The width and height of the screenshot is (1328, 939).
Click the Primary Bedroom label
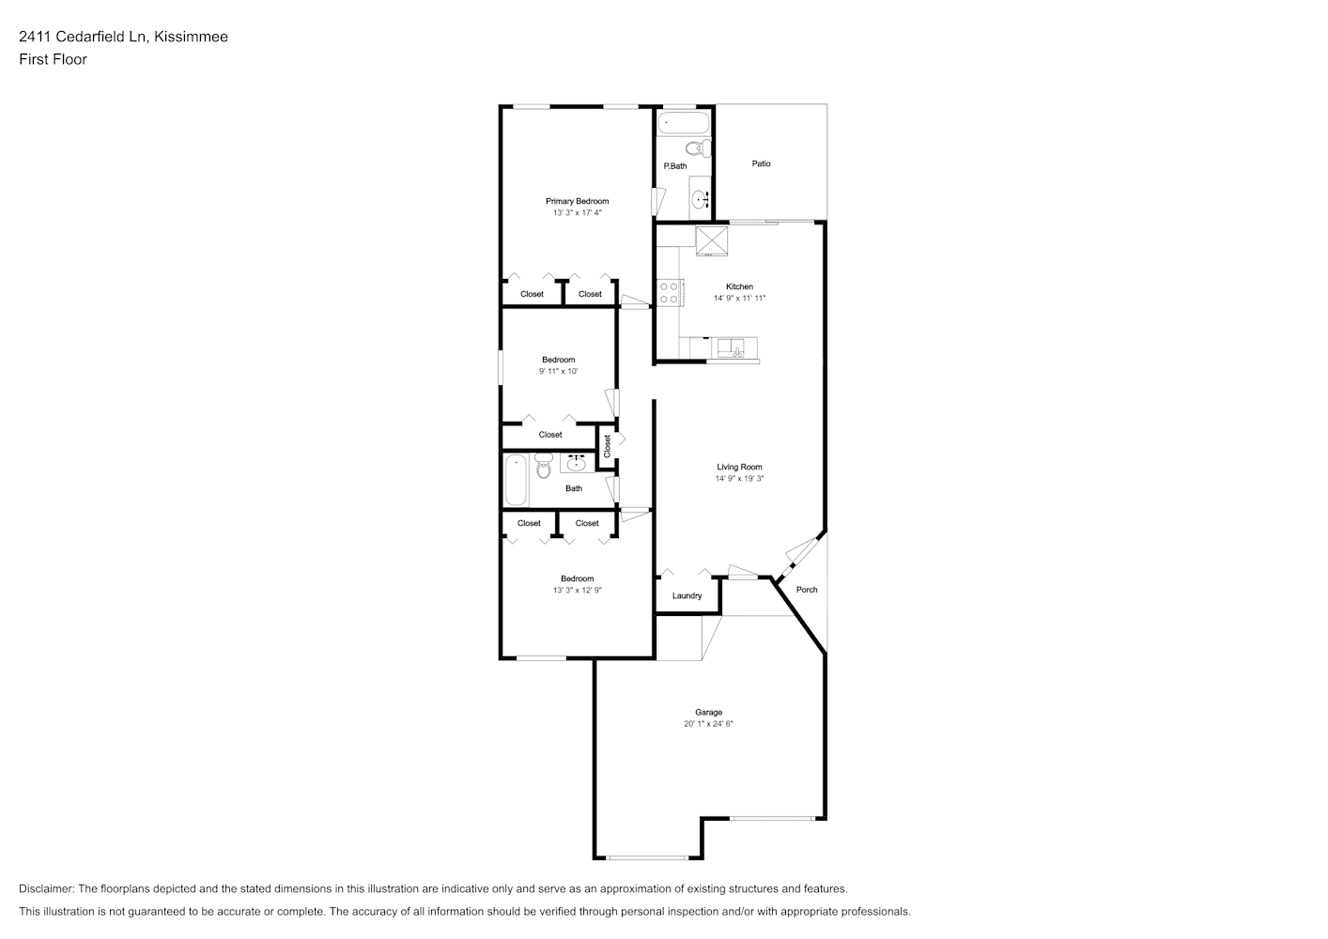coord(577,201)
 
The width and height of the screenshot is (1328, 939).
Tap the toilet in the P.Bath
coord(699,148)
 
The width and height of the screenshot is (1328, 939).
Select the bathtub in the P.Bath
coord(684,123)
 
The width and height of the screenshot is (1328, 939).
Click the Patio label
coord(762,163)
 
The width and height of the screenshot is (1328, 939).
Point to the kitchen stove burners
coord(670,293)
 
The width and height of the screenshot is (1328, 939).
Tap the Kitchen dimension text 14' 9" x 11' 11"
coord(739,299)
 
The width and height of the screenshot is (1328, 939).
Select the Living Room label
coord(739,467)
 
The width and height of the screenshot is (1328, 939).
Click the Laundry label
coord(687,595)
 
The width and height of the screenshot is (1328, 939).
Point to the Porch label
coord(807,590)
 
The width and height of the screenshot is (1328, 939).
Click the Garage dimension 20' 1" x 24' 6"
coord(708,724)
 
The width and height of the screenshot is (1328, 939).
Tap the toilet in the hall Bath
coord(543,466)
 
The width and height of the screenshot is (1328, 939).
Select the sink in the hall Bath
coord(577,462)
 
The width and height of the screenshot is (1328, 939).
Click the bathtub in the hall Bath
coord(516,480)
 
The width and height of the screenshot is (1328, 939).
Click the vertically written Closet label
coord(607,446)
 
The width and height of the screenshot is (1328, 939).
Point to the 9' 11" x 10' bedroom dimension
coord(559,372)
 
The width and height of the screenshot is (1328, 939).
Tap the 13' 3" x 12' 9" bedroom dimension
coord(578,591)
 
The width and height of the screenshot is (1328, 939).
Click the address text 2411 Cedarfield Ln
coord(83,37)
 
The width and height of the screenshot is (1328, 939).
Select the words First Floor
coord(53,59)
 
